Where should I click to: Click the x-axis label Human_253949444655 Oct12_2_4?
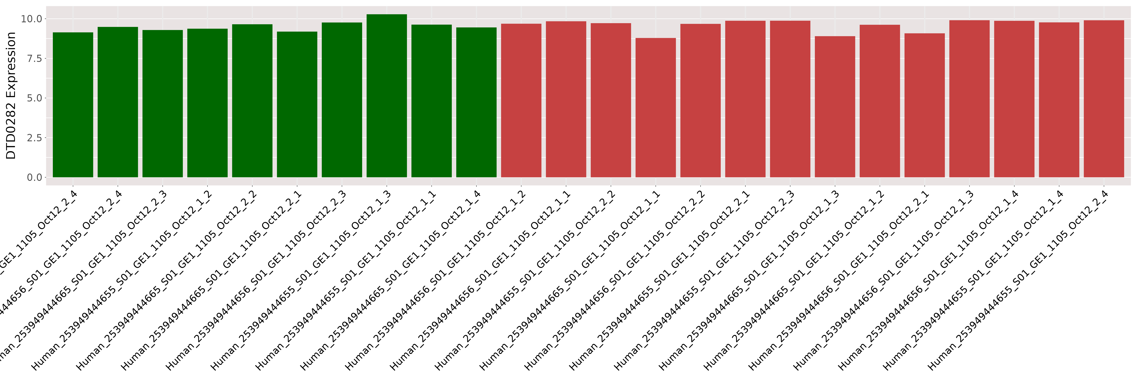coord(1015,282)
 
